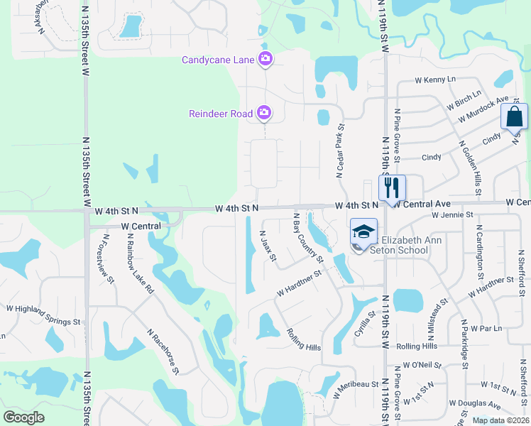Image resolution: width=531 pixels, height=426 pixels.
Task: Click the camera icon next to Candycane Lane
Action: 265,59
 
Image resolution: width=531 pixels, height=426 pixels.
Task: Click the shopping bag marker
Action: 514,116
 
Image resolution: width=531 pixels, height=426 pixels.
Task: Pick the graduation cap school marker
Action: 363,232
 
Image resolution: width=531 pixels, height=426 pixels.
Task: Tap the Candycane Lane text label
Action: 218,60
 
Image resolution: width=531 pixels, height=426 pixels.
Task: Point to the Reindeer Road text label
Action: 221,113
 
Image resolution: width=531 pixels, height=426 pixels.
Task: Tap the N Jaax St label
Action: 268,245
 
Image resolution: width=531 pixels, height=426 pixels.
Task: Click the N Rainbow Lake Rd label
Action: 140,267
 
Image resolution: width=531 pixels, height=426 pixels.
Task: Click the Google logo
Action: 23,417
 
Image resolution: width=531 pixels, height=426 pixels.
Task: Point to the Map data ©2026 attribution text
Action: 500,420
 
